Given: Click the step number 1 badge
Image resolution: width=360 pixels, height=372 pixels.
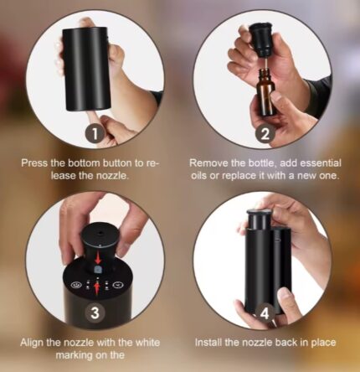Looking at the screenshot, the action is (x=95, y=134).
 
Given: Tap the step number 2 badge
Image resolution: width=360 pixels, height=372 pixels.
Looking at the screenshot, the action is (x=265, y=134).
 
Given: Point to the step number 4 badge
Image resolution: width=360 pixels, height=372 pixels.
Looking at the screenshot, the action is (x=265, y=313).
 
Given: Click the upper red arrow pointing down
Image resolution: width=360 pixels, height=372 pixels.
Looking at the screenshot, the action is (x=98, y=259).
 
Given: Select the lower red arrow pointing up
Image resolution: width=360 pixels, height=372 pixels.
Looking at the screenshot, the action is (x=97, y=288).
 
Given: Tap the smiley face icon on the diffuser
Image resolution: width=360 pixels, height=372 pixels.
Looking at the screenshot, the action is (x=75, y=285).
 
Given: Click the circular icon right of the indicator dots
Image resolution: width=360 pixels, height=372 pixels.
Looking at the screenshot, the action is (x=116, y=285).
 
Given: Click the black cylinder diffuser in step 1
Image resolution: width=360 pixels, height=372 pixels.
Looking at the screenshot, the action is (x=85, y=69).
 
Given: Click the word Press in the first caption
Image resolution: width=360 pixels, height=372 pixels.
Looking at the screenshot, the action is (x=34, y=163).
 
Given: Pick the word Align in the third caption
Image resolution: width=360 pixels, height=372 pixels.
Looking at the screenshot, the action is (x=32, y=343).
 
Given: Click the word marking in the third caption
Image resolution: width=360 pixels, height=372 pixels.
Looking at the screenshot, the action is (x=74, y=356).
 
